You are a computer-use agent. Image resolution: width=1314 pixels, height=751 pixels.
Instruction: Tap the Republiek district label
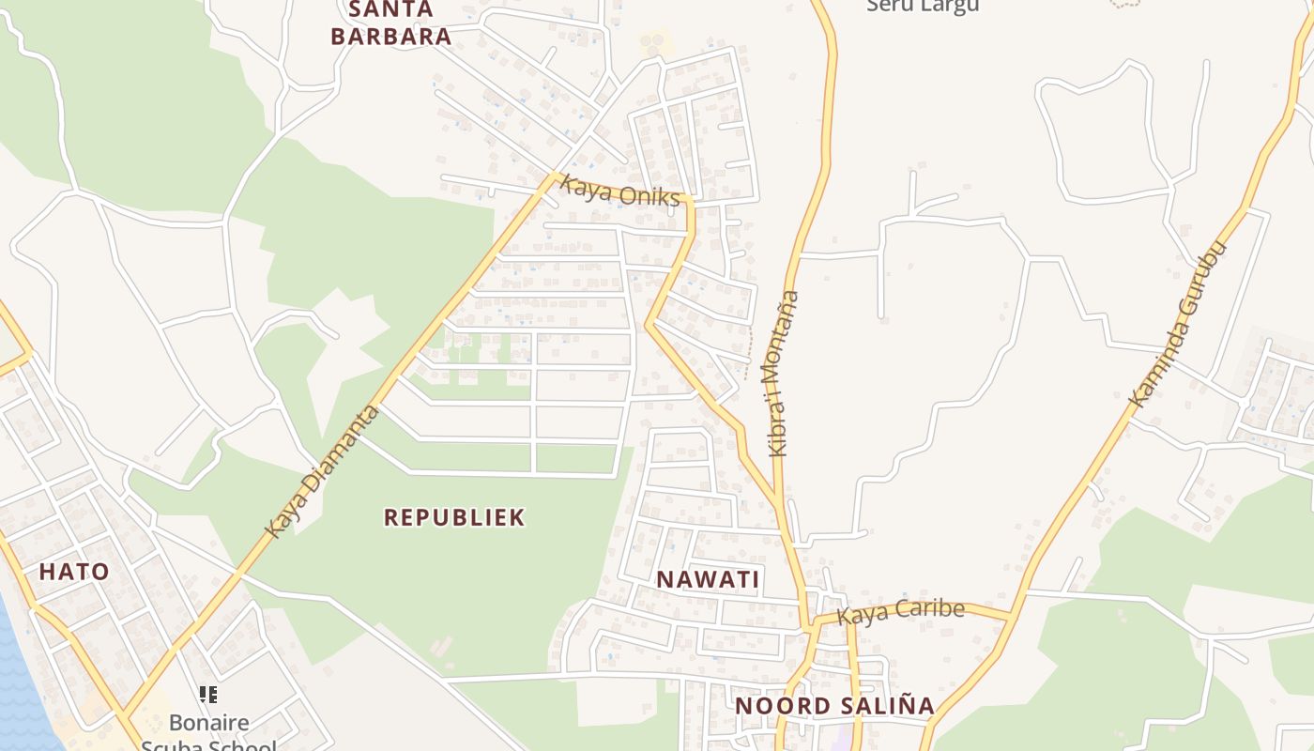(x=454, y=517)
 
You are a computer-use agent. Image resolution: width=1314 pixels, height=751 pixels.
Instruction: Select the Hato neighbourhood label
(x=74, y=571)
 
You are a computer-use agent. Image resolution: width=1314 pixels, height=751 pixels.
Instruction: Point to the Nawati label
(x=708, y=579)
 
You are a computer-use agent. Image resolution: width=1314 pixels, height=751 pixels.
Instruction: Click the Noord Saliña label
(x=834, y=706)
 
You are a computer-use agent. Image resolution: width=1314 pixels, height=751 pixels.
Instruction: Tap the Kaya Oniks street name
(x=619, y=192)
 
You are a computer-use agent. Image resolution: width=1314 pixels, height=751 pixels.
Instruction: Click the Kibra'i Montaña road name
(x=783, y=374)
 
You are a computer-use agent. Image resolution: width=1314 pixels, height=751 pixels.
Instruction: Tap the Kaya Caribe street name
(x=900, y=611)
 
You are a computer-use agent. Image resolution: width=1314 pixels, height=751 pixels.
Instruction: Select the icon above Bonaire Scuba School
(x=208, y=695)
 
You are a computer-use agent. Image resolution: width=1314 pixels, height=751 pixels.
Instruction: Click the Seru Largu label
(x=923, y=6)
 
